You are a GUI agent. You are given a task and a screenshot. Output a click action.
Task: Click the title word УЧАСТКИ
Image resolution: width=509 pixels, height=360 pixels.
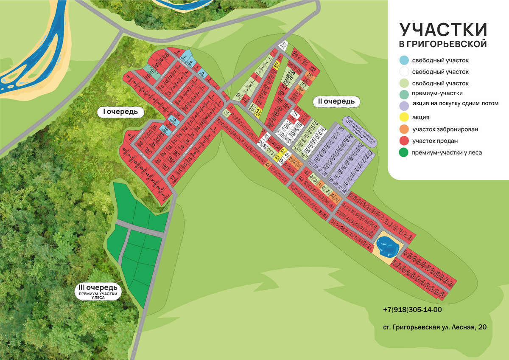point(443,30)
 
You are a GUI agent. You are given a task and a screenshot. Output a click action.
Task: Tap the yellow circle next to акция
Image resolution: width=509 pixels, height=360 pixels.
point(404,117)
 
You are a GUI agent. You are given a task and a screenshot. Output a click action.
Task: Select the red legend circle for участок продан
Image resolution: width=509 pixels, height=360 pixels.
point(404,141)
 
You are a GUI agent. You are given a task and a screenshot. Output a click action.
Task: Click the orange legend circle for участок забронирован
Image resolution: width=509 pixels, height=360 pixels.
point(404,129)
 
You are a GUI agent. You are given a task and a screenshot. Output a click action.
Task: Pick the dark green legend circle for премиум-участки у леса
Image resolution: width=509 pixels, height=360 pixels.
point(404,153)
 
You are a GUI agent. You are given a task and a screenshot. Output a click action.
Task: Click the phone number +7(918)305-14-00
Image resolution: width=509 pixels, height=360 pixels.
point(412,310)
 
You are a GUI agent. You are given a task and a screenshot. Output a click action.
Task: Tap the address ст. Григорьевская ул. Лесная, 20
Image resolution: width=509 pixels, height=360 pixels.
point(434,327)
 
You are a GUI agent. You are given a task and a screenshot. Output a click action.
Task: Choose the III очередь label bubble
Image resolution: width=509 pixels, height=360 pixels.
point(98,292)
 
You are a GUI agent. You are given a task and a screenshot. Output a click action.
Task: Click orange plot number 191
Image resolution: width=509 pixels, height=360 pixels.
point(310,76)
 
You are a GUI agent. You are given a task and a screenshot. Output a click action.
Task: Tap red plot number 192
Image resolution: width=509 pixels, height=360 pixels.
point(313,69)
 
